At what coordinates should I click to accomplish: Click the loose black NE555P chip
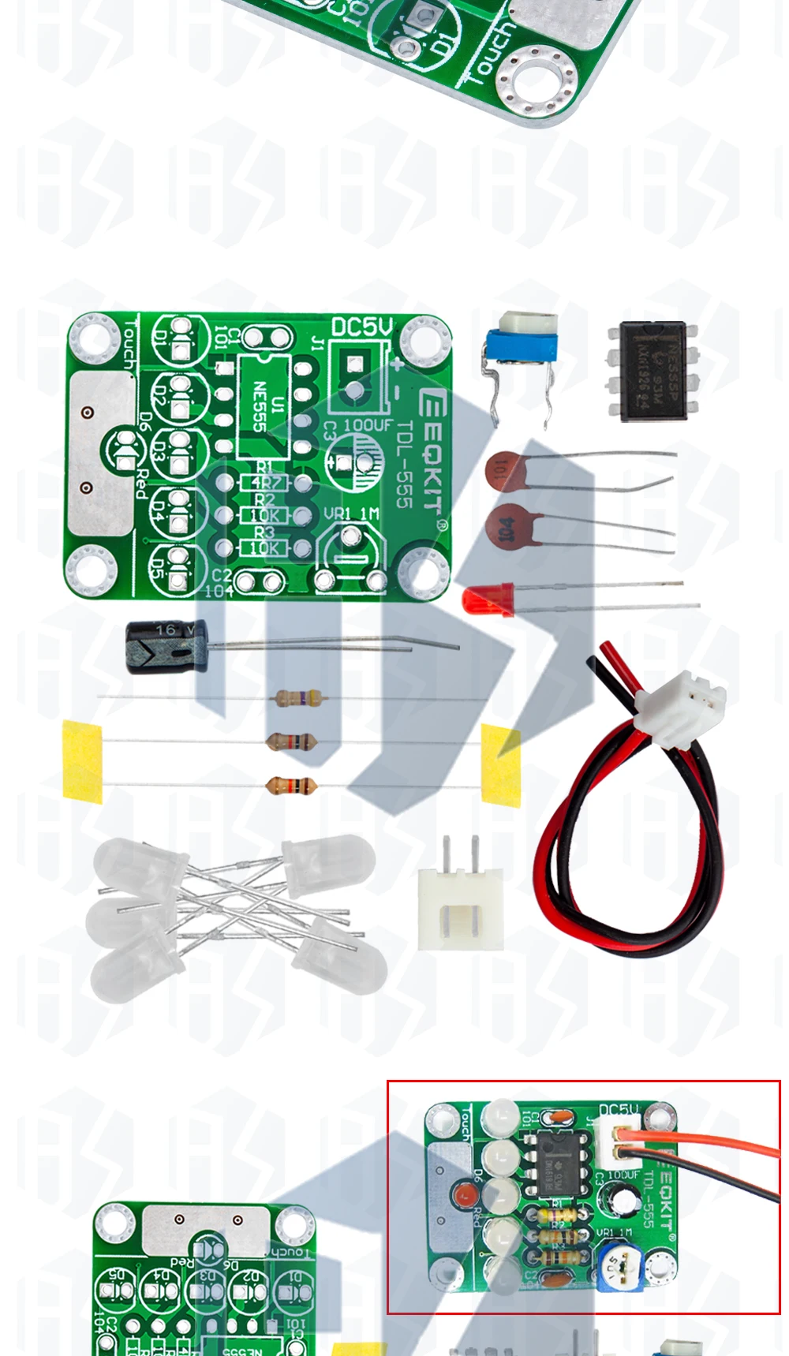tap(653, 370)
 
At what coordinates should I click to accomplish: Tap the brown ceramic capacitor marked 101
tap(506, 471)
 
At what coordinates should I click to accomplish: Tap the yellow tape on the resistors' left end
tap(82, 761)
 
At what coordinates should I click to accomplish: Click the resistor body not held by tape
tap(297, 697)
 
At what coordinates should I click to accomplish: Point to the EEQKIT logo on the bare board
tap(431, 450)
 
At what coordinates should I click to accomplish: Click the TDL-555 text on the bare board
tap(404, 465)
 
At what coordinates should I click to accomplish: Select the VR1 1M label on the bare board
tap(351, 514)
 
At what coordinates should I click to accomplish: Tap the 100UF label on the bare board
tap(368, 425)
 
